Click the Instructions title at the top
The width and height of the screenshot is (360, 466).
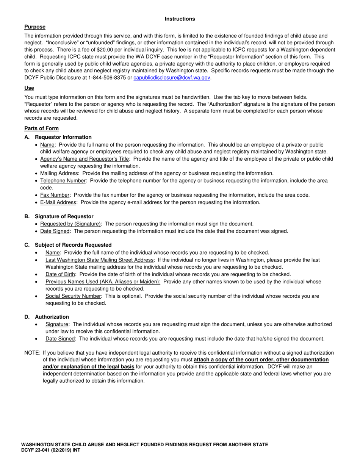(x=180, y=19)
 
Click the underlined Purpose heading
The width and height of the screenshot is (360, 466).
(x=35, y=27)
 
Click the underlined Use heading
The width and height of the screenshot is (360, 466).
(x=29, y=88)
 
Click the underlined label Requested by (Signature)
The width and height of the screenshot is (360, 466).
(x=70, y=224)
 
